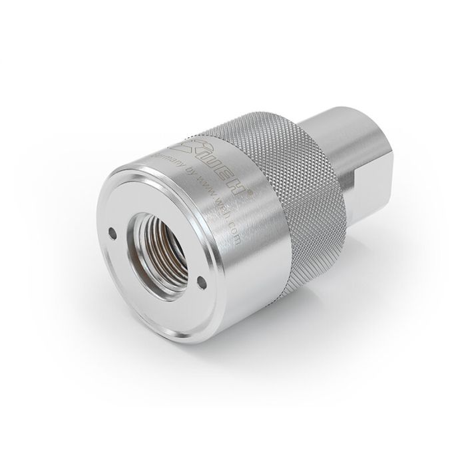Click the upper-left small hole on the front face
pyautogui.click(x=113, y=232)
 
